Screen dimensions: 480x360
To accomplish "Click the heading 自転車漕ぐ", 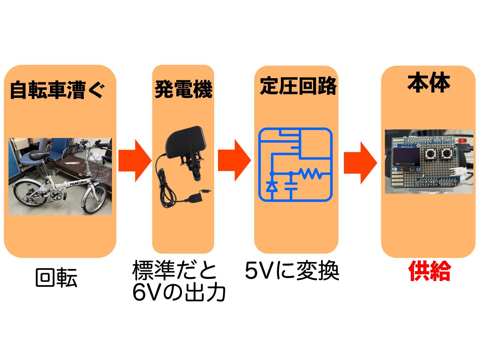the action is pyautogui.click(x=57, y=90).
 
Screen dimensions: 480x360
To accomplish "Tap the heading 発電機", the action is pyautogui.click(x=183, y=89).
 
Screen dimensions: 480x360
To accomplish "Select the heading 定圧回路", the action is pyautogui.click(x=298, y=86).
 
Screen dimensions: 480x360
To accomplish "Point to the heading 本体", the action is pyautogui.click(x=429, y=82).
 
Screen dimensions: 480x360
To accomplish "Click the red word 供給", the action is pyautogui.click(x=430, y=271).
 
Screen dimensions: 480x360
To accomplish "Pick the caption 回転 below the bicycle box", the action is pyautogui.click(x=56, y=277).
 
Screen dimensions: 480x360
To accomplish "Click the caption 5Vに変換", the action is pyautogui.click(x=292, y=271).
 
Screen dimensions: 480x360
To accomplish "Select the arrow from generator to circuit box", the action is pyautogui.click(x=234, y=160).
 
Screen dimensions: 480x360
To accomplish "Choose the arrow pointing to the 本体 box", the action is pyautogui.click(x=360, y=163).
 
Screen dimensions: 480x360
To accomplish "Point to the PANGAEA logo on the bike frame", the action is pyautogui.click(x=79, y=183).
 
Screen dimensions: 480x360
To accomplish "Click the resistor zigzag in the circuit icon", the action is pyautogui.click(x=311, y=174).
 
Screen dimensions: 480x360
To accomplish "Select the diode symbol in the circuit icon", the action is pyautogui.click(x=271, y=187).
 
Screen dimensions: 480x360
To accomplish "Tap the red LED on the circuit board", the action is pyautogui.click(x=463, y=140).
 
